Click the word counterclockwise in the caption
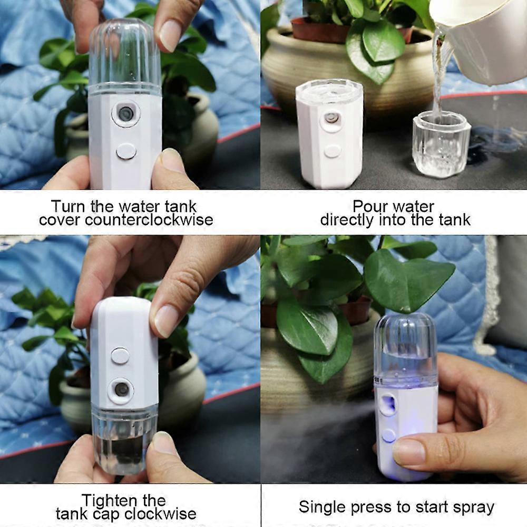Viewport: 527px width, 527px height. click(x=149, y=220)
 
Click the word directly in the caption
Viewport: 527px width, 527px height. click(x=347, y=220)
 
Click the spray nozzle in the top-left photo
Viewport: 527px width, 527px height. click(x=126, y=113)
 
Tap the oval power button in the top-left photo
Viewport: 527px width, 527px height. click(x=126, y=152)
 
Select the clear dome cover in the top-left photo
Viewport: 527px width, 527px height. click(x=125, y=55)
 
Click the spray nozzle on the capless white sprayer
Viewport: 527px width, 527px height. click(x=331, y=119)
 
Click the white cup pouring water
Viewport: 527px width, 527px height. click(x=484, y=41)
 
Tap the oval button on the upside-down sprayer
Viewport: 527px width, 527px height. click(x=120, y=356)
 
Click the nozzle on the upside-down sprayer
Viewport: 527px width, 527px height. click(x=121, y=389)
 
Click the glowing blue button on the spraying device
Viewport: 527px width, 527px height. click(x=389, y=436)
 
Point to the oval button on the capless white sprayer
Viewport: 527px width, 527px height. click(x=333, y=151)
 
